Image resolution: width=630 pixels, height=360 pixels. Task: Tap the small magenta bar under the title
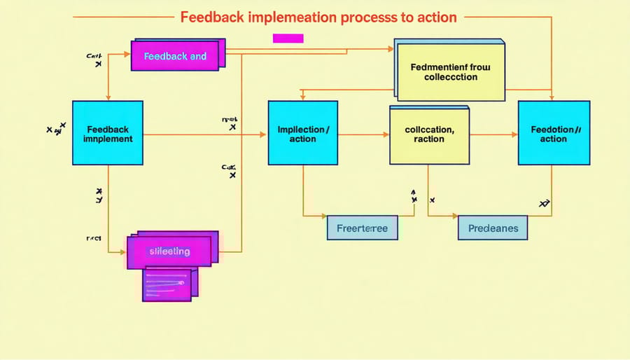point(288,39)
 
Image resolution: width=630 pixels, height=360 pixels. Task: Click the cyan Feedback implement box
point(107,133)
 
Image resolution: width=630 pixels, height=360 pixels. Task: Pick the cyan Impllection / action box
point(302,133)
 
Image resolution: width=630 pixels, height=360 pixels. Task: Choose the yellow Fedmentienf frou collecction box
point(451,72)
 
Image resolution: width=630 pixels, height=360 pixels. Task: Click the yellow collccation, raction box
point(428,134)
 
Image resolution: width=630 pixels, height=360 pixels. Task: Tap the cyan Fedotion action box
point(553,133)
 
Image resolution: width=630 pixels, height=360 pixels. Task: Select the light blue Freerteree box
point(362,228)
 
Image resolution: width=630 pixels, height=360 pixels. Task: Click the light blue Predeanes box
point(493,228)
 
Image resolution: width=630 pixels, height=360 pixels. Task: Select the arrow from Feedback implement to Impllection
point(203,133)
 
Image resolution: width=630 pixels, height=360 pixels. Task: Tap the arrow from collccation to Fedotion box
point(493,133)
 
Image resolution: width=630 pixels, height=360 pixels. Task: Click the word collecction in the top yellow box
point(451,77)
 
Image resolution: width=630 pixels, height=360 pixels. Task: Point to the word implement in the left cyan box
point(107,139)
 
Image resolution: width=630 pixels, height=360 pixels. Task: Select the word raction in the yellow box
point(428,139)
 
